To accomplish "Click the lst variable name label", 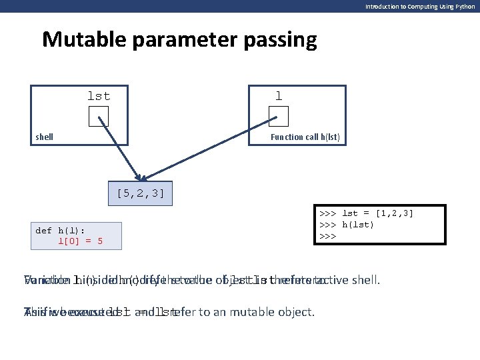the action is point(99,96).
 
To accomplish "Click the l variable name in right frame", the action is point(279,96).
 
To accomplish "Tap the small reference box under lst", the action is point(99,117).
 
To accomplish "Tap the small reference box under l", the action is point(279,117).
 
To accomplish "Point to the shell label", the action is point(44,137).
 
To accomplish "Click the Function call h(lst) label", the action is point(305,137).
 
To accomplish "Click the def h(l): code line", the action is point(61,230).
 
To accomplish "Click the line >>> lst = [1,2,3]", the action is point(367,213).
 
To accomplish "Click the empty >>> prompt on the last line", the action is point(327,236).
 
